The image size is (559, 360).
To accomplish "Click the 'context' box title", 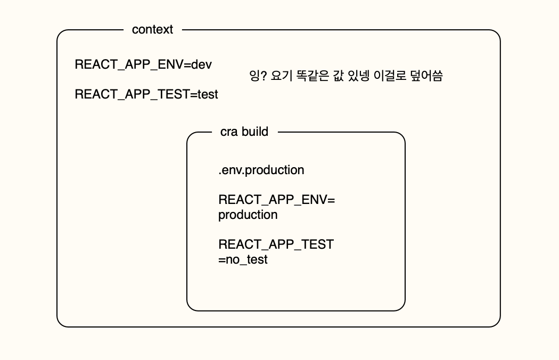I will click(152, 30).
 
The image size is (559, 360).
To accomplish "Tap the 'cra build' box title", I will click(244, 132).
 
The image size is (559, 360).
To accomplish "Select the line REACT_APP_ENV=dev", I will click(143, 64).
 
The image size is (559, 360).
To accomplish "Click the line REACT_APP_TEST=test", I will click(146, 94).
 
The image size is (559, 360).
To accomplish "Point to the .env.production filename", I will click(261, 170).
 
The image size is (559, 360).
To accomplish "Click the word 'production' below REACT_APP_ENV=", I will click(248, 215).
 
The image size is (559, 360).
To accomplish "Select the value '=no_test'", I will click(243, 260).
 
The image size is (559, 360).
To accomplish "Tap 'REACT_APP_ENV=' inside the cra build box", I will click(276, 200).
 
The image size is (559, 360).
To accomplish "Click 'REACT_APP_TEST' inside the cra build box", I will click(276, 244).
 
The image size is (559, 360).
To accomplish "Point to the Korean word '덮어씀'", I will click(426, 76).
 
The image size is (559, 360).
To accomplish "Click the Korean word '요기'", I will click(283, 76).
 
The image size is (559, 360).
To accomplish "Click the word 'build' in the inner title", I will click(254, 132).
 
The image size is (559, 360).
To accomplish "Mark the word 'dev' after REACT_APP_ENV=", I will click(201, 64).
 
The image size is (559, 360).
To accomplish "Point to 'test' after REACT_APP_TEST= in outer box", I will click(208, 94).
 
